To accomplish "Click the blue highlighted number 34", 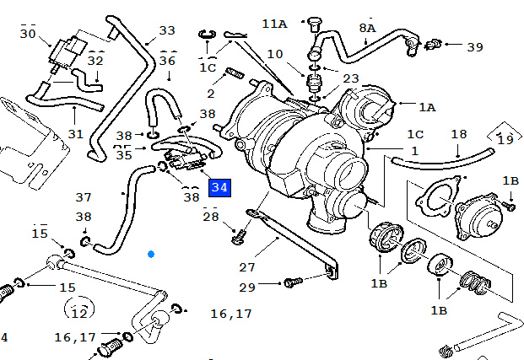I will (x=219, y=187).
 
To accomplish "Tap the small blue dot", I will (x=151, y=253).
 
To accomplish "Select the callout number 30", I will (x=28, y=35).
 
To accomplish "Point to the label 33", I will (x=167, y=30).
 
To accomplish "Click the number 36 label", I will (x=167, y=61).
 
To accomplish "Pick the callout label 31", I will (x=76, y=134).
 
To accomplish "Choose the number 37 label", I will (x=83, y=197).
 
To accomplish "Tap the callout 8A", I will (x=367, y=28).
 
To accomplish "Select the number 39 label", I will (x=475, y=46).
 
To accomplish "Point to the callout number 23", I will (x=350, y=79).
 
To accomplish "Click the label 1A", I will (x=428, y=107).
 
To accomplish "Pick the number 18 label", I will (x=458, y=134).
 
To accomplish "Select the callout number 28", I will (x=210, y=218).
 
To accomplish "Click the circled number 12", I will (x=79, y=313).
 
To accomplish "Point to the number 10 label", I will (x=274, y=54).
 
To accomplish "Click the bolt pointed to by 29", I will (x=292, y=281).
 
